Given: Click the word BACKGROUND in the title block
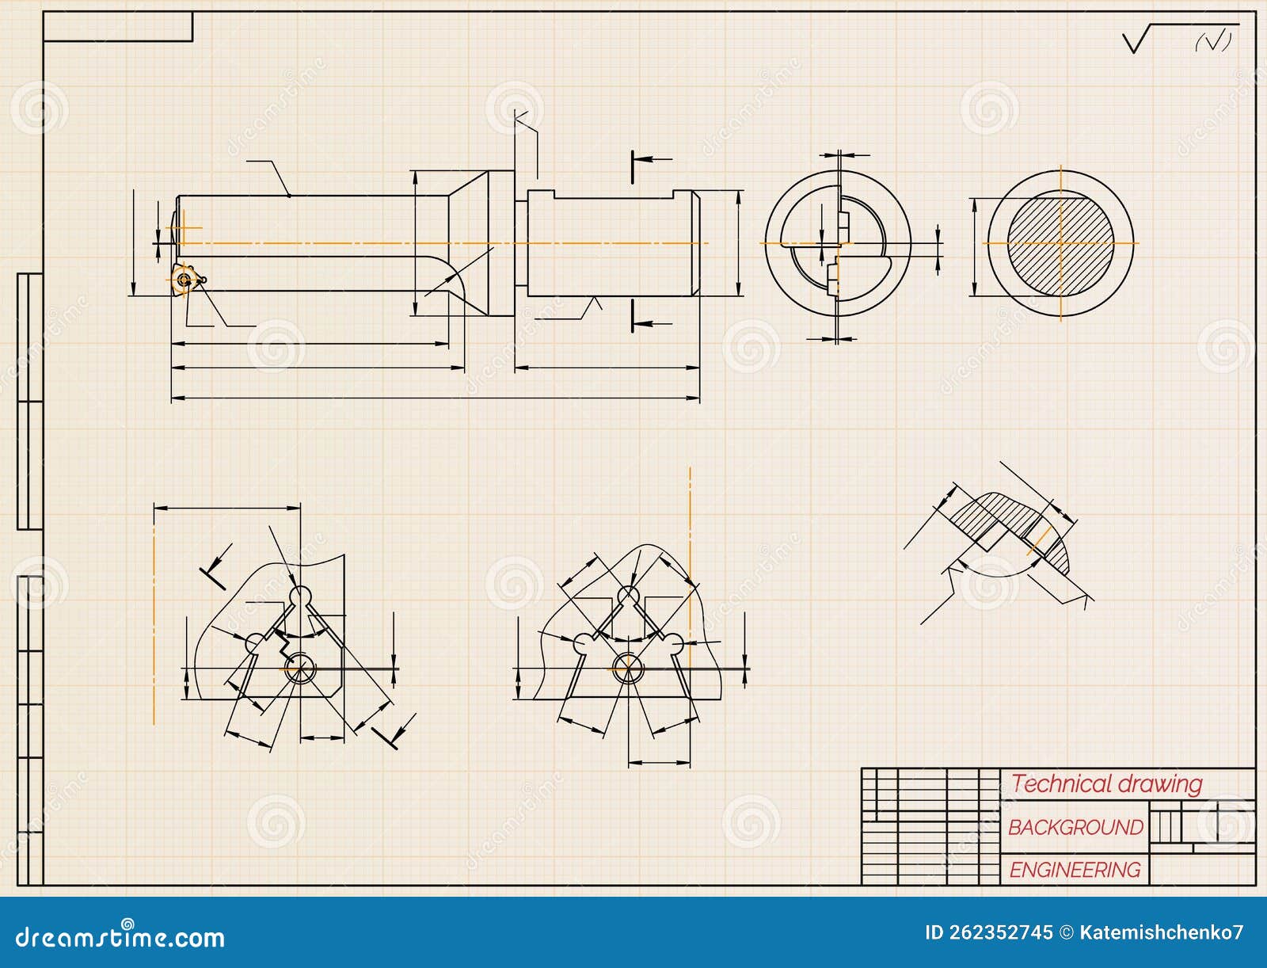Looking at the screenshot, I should [1075, 827].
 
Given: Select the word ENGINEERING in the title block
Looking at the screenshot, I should [1075, 870].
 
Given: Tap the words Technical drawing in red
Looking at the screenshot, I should [1106, 784].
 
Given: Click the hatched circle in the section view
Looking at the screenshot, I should [1060, 243].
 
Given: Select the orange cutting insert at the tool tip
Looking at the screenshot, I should [185, 279].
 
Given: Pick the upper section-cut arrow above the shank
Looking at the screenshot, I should [651, 160].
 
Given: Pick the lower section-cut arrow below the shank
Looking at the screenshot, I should [651, 322].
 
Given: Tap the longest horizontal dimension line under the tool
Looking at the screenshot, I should [436, 398].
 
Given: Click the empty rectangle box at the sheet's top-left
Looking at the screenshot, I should [117, 26].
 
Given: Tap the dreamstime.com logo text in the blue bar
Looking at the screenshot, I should [120, 937].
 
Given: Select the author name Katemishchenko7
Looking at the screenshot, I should [1161, 932].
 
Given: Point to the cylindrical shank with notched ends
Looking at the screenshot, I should [612, 244].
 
